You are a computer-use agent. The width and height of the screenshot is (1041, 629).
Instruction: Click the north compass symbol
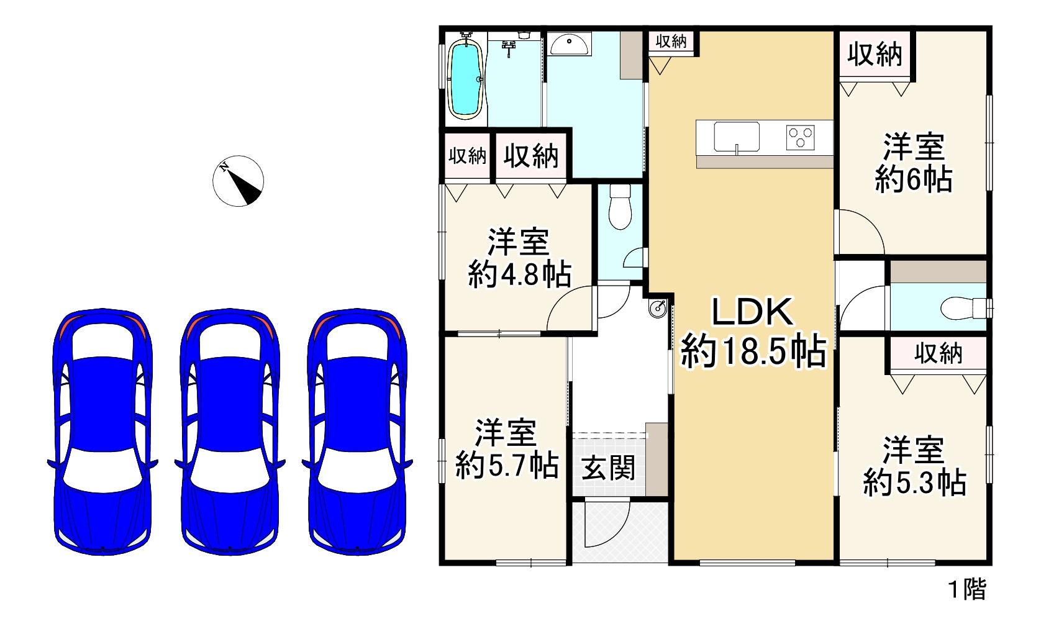(x=238, y=181)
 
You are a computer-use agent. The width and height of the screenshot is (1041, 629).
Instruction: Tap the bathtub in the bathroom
(x=466, y=78)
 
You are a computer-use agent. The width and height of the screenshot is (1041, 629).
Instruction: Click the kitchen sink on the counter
(x=736, y=137)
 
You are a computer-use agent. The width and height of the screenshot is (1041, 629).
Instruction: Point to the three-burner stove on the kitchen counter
(x=801, y=137)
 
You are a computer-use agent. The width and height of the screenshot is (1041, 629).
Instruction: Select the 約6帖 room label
(x=914, y=164)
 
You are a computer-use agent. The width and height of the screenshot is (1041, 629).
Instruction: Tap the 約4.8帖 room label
(x=519, y=258)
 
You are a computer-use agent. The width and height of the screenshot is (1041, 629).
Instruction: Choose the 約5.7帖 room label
(x=507, y=450)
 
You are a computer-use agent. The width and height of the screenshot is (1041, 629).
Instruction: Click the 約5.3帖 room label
(x=914, y=466)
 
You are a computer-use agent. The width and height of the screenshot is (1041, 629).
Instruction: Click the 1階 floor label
(x=966, y=589)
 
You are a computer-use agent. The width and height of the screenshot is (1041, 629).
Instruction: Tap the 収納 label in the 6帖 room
(x=875, y=55)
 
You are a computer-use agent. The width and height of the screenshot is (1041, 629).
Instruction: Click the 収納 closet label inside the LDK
(x=671, y=42)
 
